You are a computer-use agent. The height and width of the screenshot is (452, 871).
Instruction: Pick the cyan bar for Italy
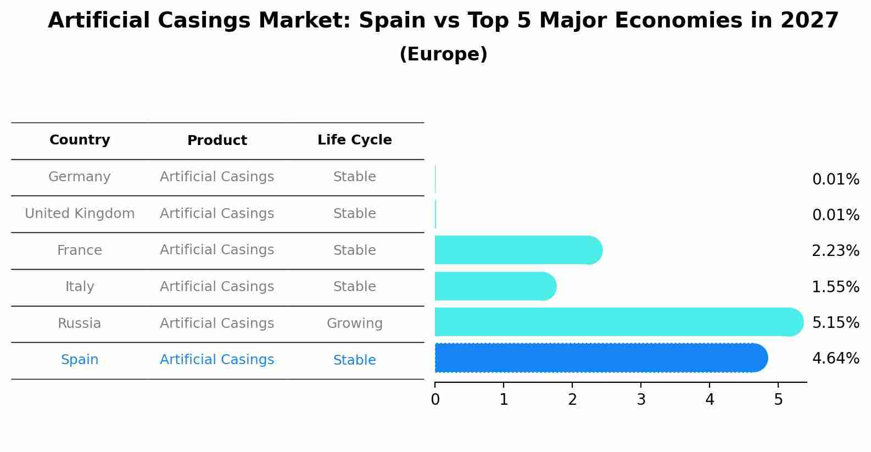point(495,286)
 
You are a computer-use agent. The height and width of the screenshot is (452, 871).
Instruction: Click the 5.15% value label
point(835,322)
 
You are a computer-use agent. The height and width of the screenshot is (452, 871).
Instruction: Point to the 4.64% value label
point(835,359)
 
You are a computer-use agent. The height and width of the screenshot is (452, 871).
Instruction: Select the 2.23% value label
point(835,251)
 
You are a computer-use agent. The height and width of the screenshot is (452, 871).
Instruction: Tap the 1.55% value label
point(835,287)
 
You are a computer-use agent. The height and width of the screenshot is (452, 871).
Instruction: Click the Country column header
point(80,140)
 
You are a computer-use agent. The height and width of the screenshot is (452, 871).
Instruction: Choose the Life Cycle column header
point(354,140)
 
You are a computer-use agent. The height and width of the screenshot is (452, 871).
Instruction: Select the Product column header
point(217,141)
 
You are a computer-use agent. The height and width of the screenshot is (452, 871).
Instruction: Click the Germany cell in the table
point(80,177)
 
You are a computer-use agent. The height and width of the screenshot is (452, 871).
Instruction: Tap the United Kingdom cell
point(80,214)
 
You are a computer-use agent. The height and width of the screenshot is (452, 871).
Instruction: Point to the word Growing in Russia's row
point(354,323)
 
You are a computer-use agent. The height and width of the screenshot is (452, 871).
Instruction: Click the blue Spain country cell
point(80,360)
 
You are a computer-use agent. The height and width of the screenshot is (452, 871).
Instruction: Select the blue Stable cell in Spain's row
point(354,360)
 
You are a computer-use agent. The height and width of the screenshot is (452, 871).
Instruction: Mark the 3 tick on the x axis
point(641,400)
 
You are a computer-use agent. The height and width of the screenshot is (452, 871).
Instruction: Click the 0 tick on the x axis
point(435,400)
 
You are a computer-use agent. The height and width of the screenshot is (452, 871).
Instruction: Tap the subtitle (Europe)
point(443,54)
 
